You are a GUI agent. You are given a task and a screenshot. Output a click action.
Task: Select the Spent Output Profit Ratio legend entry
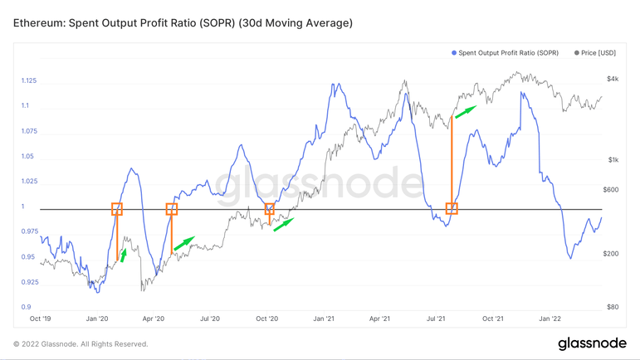(x=506, y=53)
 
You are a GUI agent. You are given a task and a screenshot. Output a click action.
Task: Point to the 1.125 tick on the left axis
(x=28, y=81)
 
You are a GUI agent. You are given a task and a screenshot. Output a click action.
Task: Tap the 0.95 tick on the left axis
(x=28, y=257)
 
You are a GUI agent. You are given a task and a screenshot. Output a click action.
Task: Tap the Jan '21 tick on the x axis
(x=324, y=318)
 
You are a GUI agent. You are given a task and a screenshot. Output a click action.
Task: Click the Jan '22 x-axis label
(x=550, y=318)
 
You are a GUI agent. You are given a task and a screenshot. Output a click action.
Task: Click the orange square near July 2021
(x=452, y=208)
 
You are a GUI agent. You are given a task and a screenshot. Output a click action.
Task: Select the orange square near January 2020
(x=117, y=208)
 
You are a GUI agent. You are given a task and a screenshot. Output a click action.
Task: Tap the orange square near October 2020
(x=269, y=208)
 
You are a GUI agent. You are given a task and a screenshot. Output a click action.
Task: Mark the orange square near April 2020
(x=172, y=208)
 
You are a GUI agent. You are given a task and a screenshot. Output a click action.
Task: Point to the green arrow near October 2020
(x=284, y=225)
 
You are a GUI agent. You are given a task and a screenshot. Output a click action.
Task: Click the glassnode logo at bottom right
(x=590, y=343)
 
